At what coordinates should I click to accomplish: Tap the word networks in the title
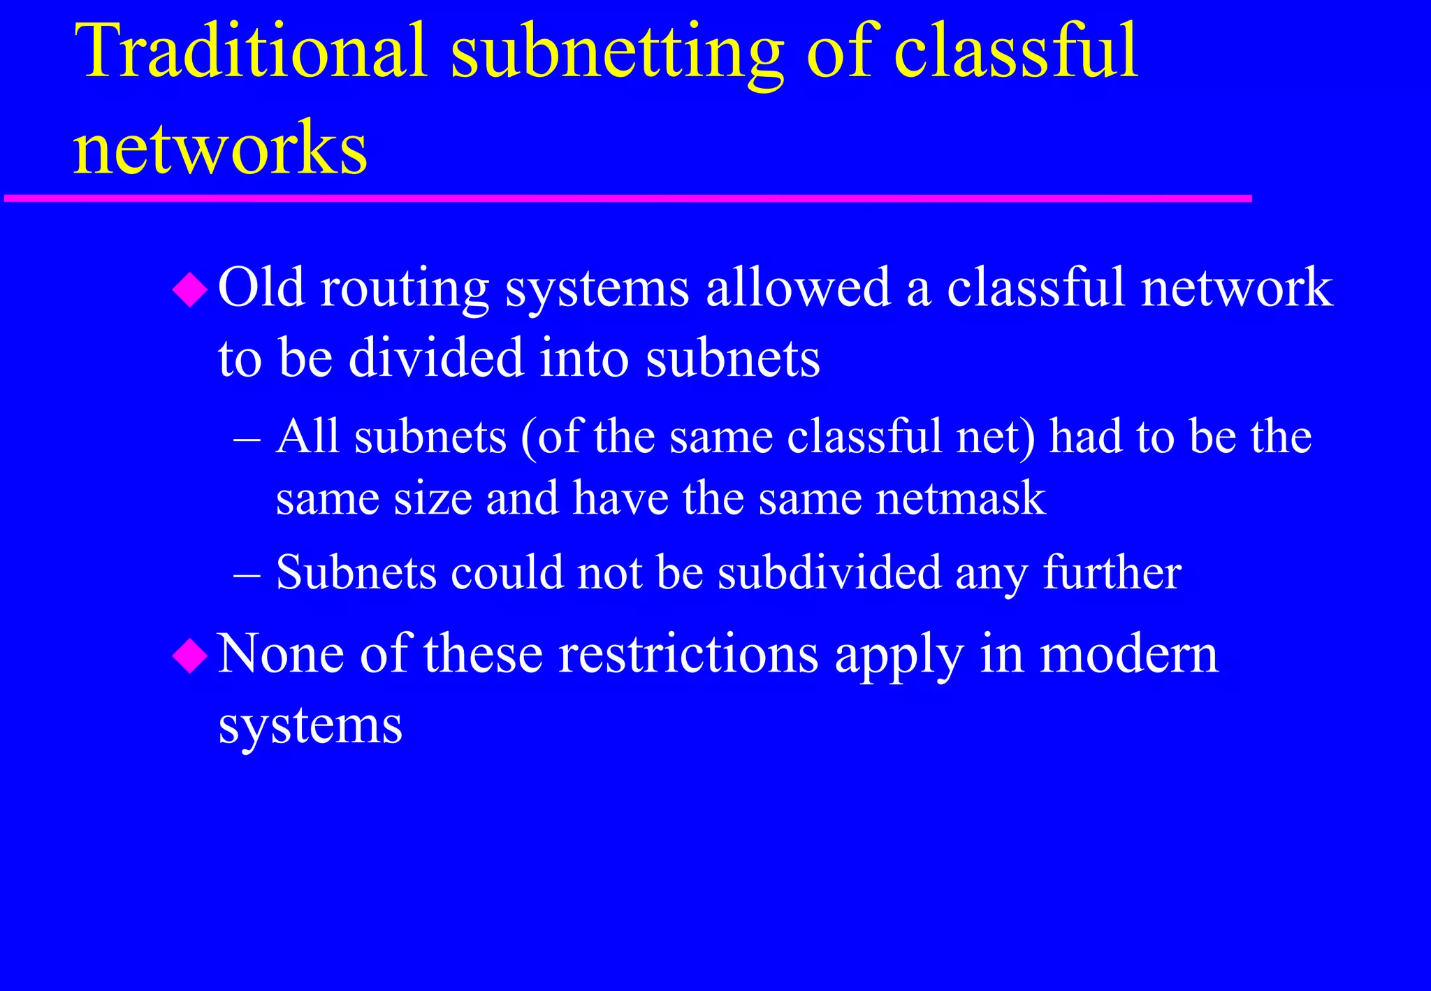[x=220, y=147]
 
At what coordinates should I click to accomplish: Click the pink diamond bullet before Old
[x=190, y=289]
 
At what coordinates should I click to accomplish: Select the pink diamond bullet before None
[x=190, y=656]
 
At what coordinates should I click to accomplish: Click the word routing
[x=404, y=289]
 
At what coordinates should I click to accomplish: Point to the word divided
[x=436, y=358]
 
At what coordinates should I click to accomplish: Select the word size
[x=433, y=499]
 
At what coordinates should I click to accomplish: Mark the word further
[x=1112, y=572]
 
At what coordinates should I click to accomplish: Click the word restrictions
[x=688, y=655]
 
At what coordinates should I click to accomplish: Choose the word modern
[x=1128, y=655]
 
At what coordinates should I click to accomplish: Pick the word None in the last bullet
[x=280, y=655]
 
